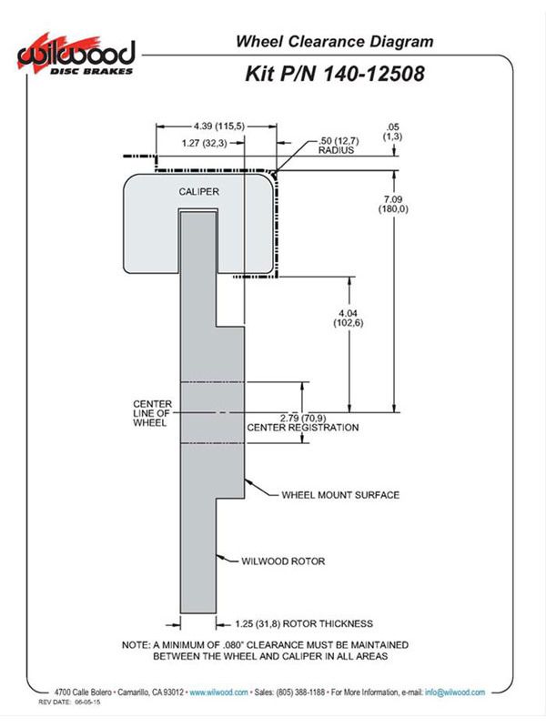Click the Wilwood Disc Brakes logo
(76, 55)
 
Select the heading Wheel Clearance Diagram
(334, 41)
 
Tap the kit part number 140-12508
(373, 74)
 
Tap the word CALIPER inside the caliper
(198, 192)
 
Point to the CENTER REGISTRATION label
(303, 428)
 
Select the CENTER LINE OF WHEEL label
(152, 413)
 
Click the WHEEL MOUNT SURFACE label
(340, 495)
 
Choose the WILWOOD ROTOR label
(283, 561)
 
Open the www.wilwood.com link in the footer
(218, 693)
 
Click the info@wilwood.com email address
(455, 693)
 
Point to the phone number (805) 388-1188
(300, 693)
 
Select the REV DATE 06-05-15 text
(69, 702)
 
